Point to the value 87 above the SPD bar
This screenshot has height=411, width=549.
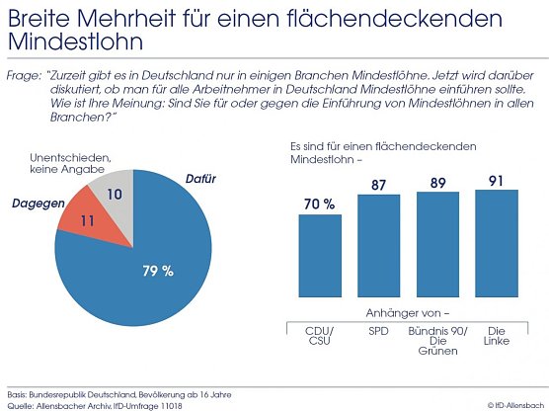pyautogui.click(x=379, y=184)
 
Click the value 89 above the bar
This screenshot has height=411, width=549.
pyautogui.click(x=437, y=182)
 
